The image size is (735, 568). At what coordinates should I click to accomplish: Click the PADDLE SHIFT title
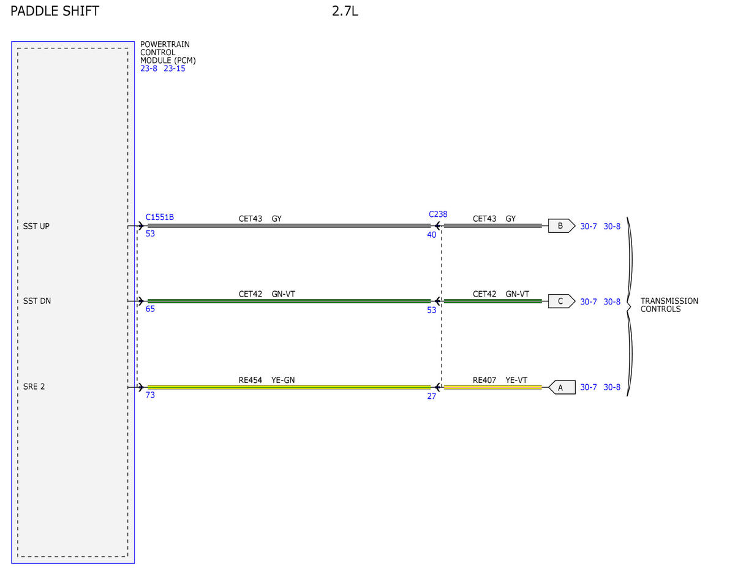(x=55, y=11)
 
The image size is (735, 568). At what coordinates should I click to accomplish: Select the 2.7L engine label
(x=345, y=11)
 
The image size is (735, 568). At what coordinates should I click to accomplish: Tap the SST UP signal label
(x=36, y=226)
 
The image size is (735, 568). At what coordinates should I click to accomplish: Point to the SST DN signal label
(x=37, y=301)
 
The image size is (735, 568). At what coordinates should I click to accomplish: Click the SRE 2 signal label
(x=34, y=387)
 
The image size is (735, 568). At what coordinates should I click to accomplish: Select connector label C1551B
(x=160, y=217)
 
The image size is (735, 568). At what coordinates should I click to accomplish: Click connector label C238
(x=438, y=214)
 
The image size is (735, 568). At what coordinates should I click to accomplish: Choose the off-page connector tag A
(x=562, y=387)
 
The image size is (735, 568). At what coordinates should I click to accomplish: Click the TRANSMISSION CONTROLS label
(x=669, y=305)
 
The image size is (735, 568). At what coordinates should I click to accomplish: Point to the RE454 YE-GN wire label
(x=266, y=380)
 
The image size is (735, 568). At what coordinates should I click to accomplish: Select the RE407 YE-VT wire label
(x=500, y=380)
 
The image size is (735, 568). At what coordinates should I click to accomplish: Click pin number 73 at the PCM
(x=150, y=395)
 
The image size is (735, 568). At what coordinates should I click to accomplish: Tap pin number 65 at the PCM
(x=150, y=309)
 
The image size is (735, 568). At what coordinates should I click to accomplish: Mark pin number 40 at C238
(x=432, y=235)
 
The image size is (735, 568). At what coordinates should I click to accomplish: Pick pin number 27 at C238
(x=432, y=396)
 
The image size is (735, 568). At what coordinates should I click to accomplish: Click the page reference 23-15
(x=175, y=69)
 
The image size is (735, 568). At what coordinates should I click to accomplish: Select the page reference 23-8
(x=149, y=69)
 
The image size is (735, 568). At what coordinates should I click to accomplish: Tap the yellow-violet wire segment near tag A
(x=493, y=387)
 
